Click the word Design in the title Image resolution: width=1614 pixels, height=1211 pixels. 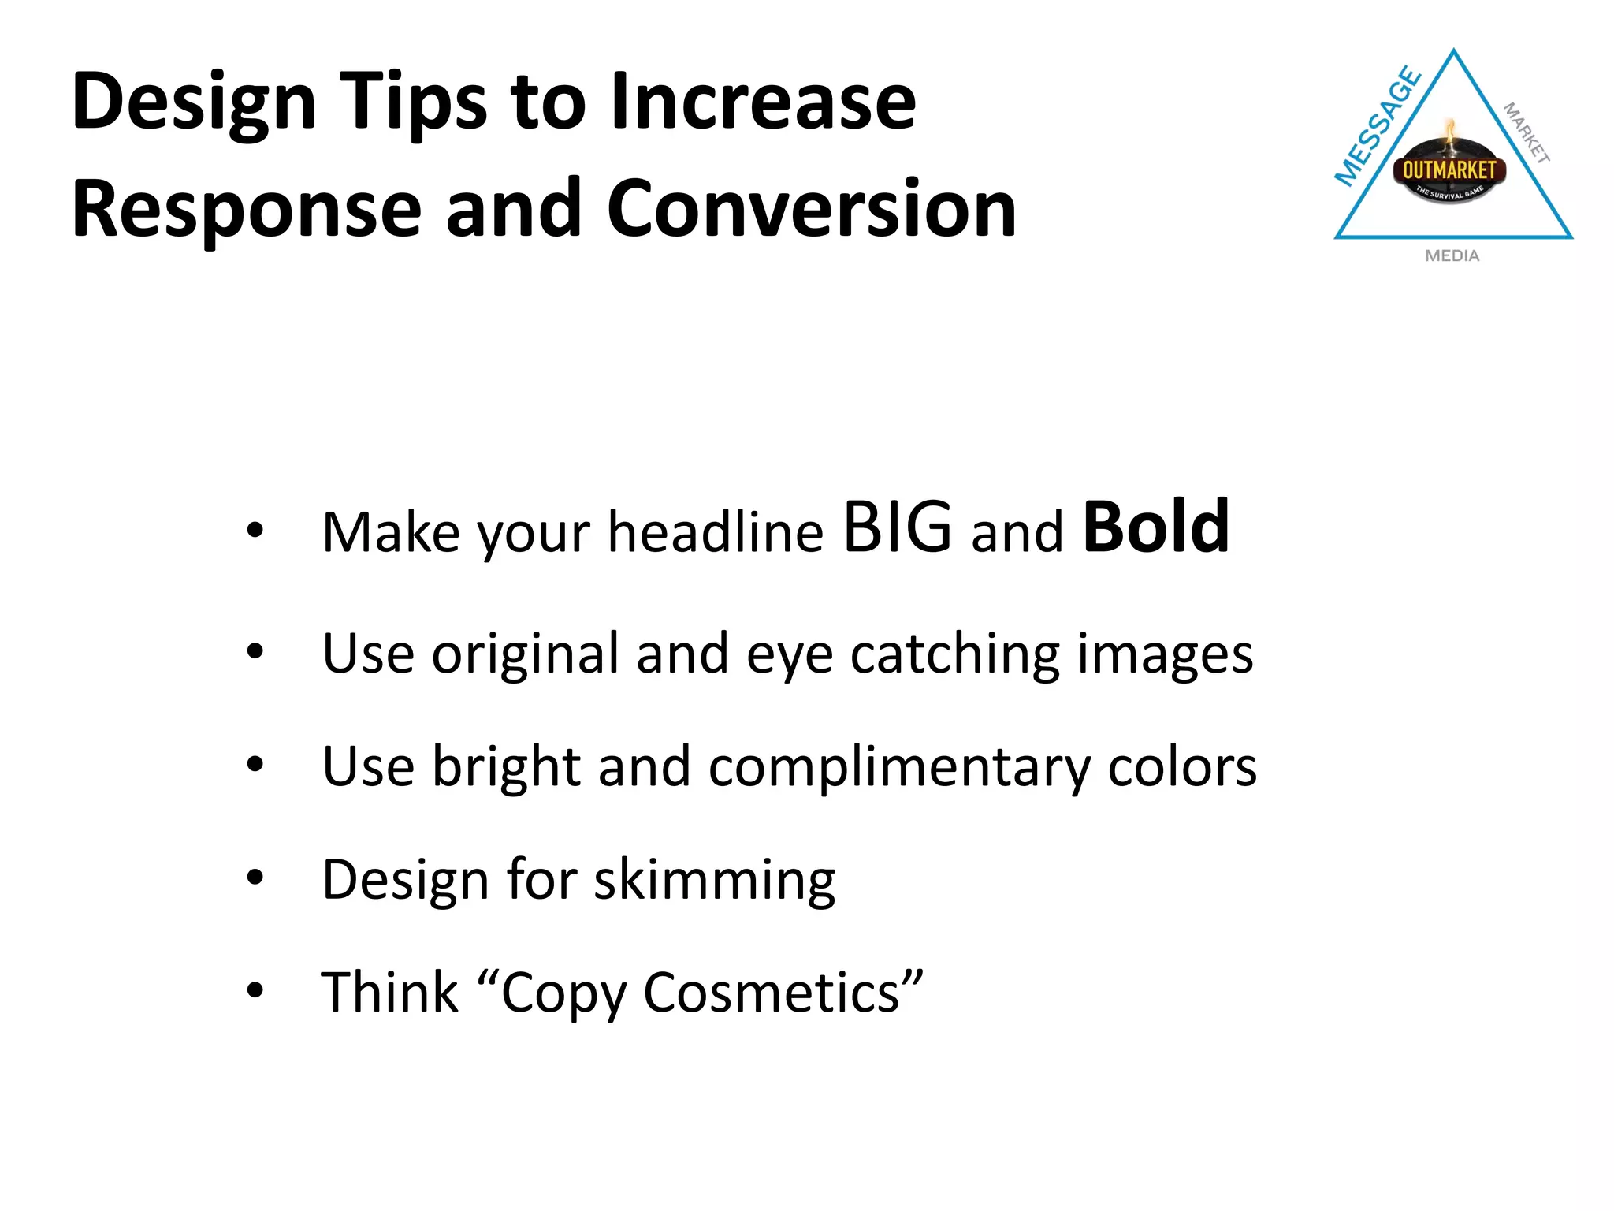(x=194, y=103)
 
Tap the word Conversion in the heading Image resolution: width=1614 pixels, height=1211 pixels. (x=811, y=209)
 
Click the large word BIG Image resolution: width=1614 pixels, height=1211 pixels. (x=897, y=527)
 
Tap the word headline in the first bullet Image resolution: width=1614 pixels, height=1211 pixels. (x=716, y=532)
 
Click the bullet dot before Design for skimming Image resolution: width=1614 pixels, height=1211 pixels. (x=255, y=877)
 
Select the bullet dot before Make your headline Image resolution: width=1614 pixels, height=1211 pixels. (x=255, y=529)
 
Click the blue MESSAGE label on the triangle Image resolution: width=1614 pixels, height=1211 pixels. (x=1377, y=127)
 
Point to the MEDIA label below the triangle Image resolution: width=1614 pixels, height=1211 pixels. (x=1452, y=255)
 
